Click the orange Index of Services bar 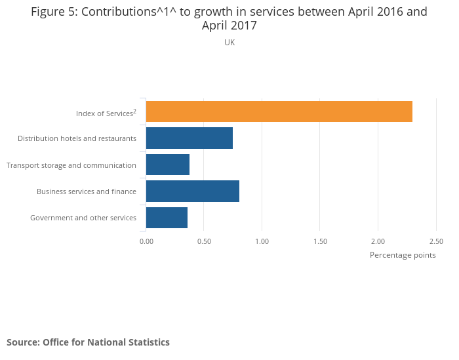point(279,111)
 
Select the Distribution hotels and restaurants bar point(190,138)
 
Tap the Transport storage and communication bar point(168,165)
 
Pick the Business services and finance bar point(193,191)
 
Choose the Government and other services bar point(167,218)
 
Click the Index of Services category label point(106,113)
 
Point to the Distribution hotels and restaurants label point(77,138)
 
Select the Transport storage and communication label point(71,165)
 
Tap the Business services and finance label point(87,191)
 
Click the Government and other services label point(83,218)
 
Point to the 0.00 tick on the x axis point(146,241)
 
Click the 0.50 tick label point(204,241)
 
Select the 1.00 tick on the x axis point(262,241)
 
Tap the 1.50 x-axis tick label point(320,241)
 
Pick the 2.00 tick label point(378,241)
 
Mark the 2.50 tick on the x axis point(435,241)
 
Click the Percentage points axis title point(403,255)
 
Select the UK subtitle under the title point(229,43)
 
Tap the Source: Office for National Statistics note point(88,342)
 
